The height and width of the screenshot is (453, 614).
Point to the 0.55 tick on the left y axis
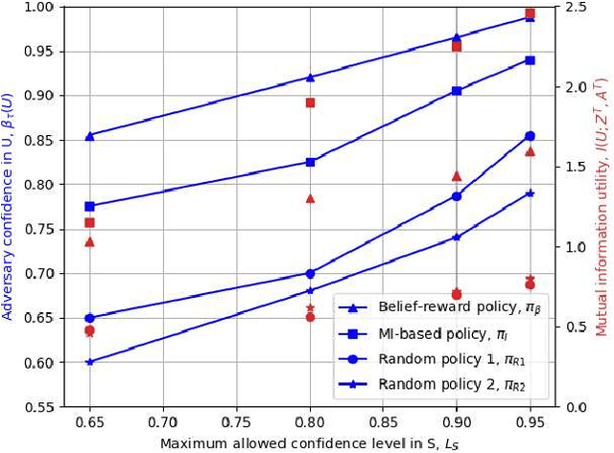[x=38, y=407]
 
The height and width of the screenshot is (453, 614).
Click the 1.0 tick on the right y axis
[x=574, y=247]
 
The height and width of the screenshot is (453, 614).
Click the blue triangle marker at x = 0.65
[x=89, y=136]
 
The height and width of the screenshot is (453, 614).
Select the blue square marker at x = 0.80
[x=310, y=162]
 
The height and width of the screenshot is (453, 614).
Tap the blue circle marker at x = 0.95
[x=531, y=136]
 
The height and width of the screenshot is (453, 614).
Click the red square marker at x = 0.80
[x=310, y=102]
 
